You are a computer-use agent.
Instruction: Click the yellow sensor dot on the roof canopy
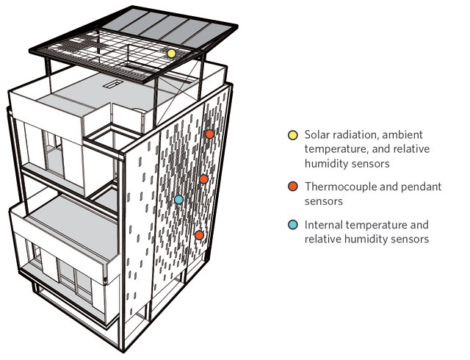pyautogui.click(x=171, y=54)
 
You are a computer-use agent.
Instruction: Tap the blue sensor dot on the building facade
pyautogui.click(x=178, y=200)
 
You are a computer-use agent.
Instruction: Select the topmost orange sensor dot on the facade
pyautogui.click(x=209, y=134)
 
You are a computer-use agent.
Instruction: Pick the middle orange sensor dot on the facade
pyautogui.click(x=203, y=179)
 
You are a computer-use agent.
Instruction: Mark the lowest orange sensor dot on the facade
pyautogui.click(x=199, y=235)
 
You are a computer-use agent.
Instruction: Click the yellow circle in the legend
pyautogui.click(x=292, y=135)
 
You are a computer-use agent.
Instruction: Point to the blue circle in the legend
pyautogui.click(x=292, y=225)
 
